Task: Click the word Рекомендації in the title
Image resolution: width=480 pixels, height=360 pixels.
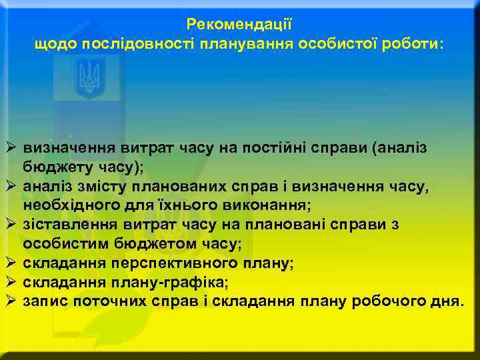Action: pyautogui.click(x=239, y=25)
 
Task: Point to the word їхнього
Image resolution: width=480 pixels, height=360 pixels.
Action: pyautogui.click(x=180, y=205)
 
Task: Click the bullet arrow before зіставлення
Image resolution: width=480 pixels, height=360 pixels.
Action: pyautogui.click(x=10, y=224)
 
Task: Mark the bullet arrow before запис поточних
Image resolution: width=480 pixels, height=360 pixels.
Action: pyautogui.click(x=10, y=301)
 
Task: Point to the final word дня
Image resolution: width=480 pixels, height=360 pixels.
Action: pyautogui.click(x=447, y=301)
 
